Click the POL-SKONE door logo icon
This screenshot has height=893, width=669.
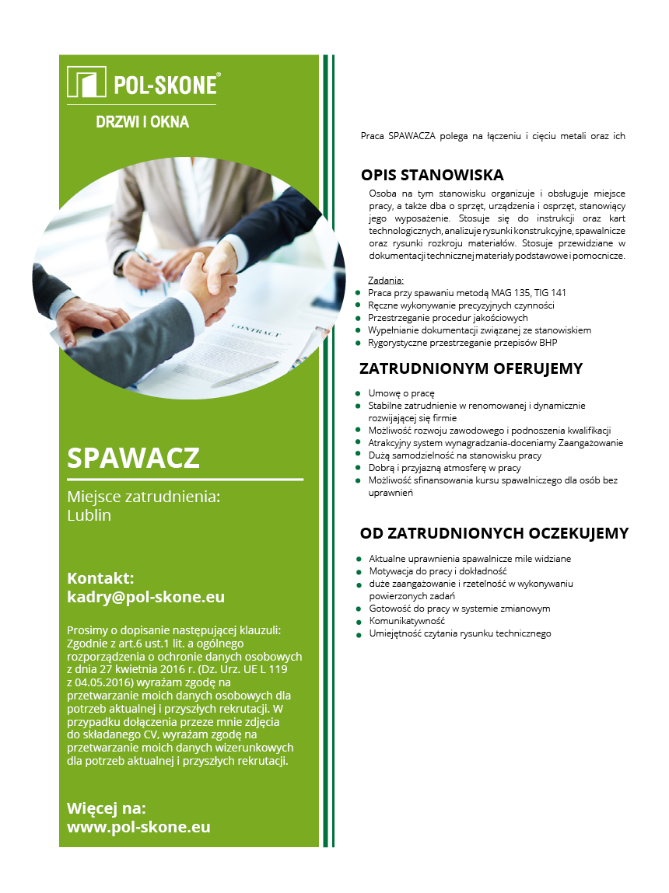click(86, 82)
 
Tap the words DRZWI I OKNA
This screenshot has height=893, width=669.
click(142, 122)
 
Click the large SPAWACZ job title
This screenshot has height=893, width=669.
click(133, 458)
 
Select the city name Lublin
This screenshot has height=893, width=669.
click(89, 515)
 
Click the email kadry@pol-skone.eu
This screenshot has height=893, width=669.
click(145, 597)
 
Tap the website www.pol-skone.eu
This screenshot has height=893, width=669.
click(138, 827)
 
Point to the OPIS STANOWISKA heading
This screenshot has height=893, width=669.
click(432, 175)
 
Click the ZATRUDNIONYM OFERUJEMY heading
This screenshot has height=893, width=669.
click(471, 368)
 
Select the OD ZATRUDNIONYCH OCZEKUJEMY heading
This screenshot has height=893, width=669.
click(494, 533)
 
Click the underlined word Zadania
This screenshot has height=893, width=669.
click(386, 281)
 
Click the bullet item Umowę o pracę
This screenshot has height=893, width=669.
click(401, 393)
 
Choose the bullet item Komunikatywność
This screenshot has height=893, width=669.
click(407, 621)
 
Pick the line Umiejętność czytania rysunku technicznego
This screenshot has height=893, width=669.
click(460, 633)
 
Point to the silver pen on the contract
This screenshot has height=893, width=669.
click(244, 374)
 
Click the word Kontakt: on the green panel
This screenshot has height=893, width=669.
click(101, 578)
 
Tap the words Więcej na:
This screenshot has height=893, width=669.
click(107, 808)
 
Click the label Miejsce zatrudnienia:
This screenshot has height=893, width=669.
click(144, 497)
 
